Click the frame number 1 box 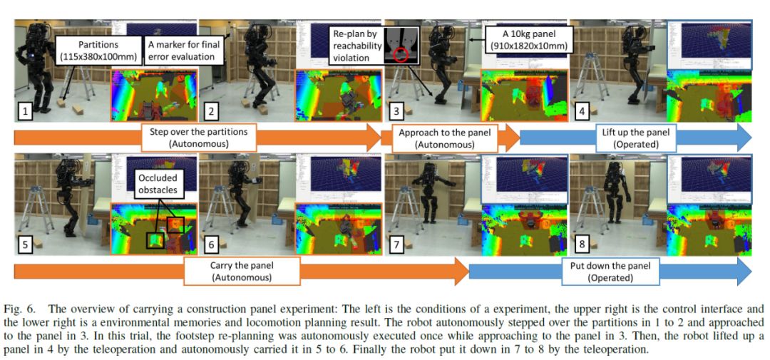(x=26, y=111)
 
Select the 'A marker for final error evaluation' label (x=185, y=52)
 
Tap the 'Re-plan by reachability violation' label (x=354, y=46)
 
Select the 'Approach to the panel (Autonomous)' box (x=437, y=137)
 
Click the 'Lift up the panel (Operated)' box (x=622, y=137)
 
